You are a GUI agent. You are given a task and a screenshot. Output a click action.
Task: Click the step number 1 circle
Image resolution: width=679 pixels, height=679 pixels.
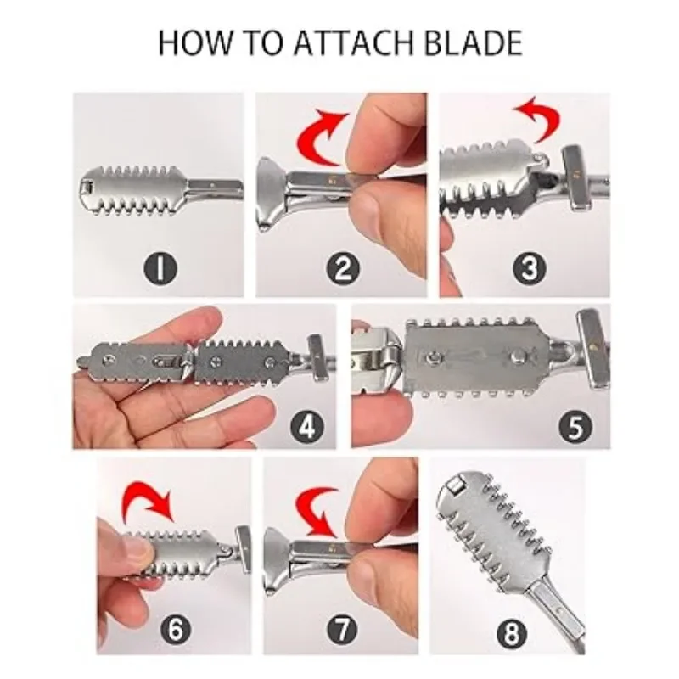tap(160, 268)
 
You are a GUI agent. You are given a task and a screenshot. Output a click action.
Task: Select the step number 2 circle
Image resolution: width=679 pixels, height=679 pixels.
tap(343, 268)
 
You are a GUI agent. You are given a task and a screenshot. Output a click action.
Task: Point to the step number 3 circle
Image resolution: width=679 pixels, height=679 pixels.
tap(529, 268)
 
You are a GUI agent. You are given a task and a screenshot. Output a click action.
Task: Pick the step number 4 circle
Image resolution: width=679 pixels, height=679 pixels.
tap(307, 426)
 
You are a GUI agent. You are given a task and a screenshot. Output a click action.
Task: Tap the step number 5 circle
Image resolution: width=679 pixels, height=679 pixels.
tap(575, 426)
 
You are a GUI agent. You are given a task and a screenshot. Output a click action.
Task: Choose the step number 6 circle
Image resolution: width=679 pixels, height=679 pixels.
tap(176, 629)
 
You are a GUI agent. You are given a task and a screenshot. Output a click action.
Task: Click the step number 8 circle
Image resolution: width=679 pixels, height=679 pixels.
tap(512, 633)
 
